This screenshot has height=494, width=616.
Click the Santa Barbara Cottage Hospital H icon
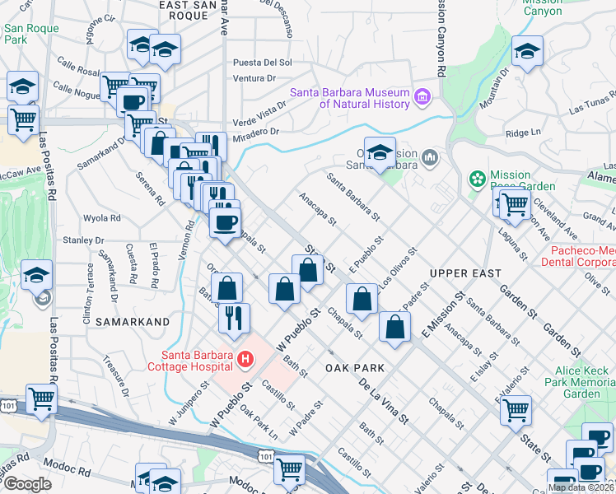point(245,359)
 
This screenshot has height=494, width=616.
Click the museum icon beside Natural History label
point(423,98)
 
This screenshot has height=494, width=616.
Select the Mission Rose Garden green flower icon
point(477,178)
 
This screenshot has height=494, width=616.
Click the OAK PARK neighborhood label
point(355,367)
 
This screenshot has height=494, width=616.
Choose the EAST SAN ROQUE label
point(188,5)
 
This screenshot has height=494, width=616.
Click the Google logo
point(27,484)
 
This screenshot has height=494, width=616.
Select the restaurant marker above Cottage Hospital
point(234,316)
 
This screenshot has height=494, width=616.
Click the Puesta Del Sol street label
point(263,62)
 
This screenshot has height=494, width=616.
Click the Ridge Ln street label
point(523,132)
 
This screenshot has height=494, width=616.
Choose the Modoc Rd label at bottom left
point(68,470)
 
